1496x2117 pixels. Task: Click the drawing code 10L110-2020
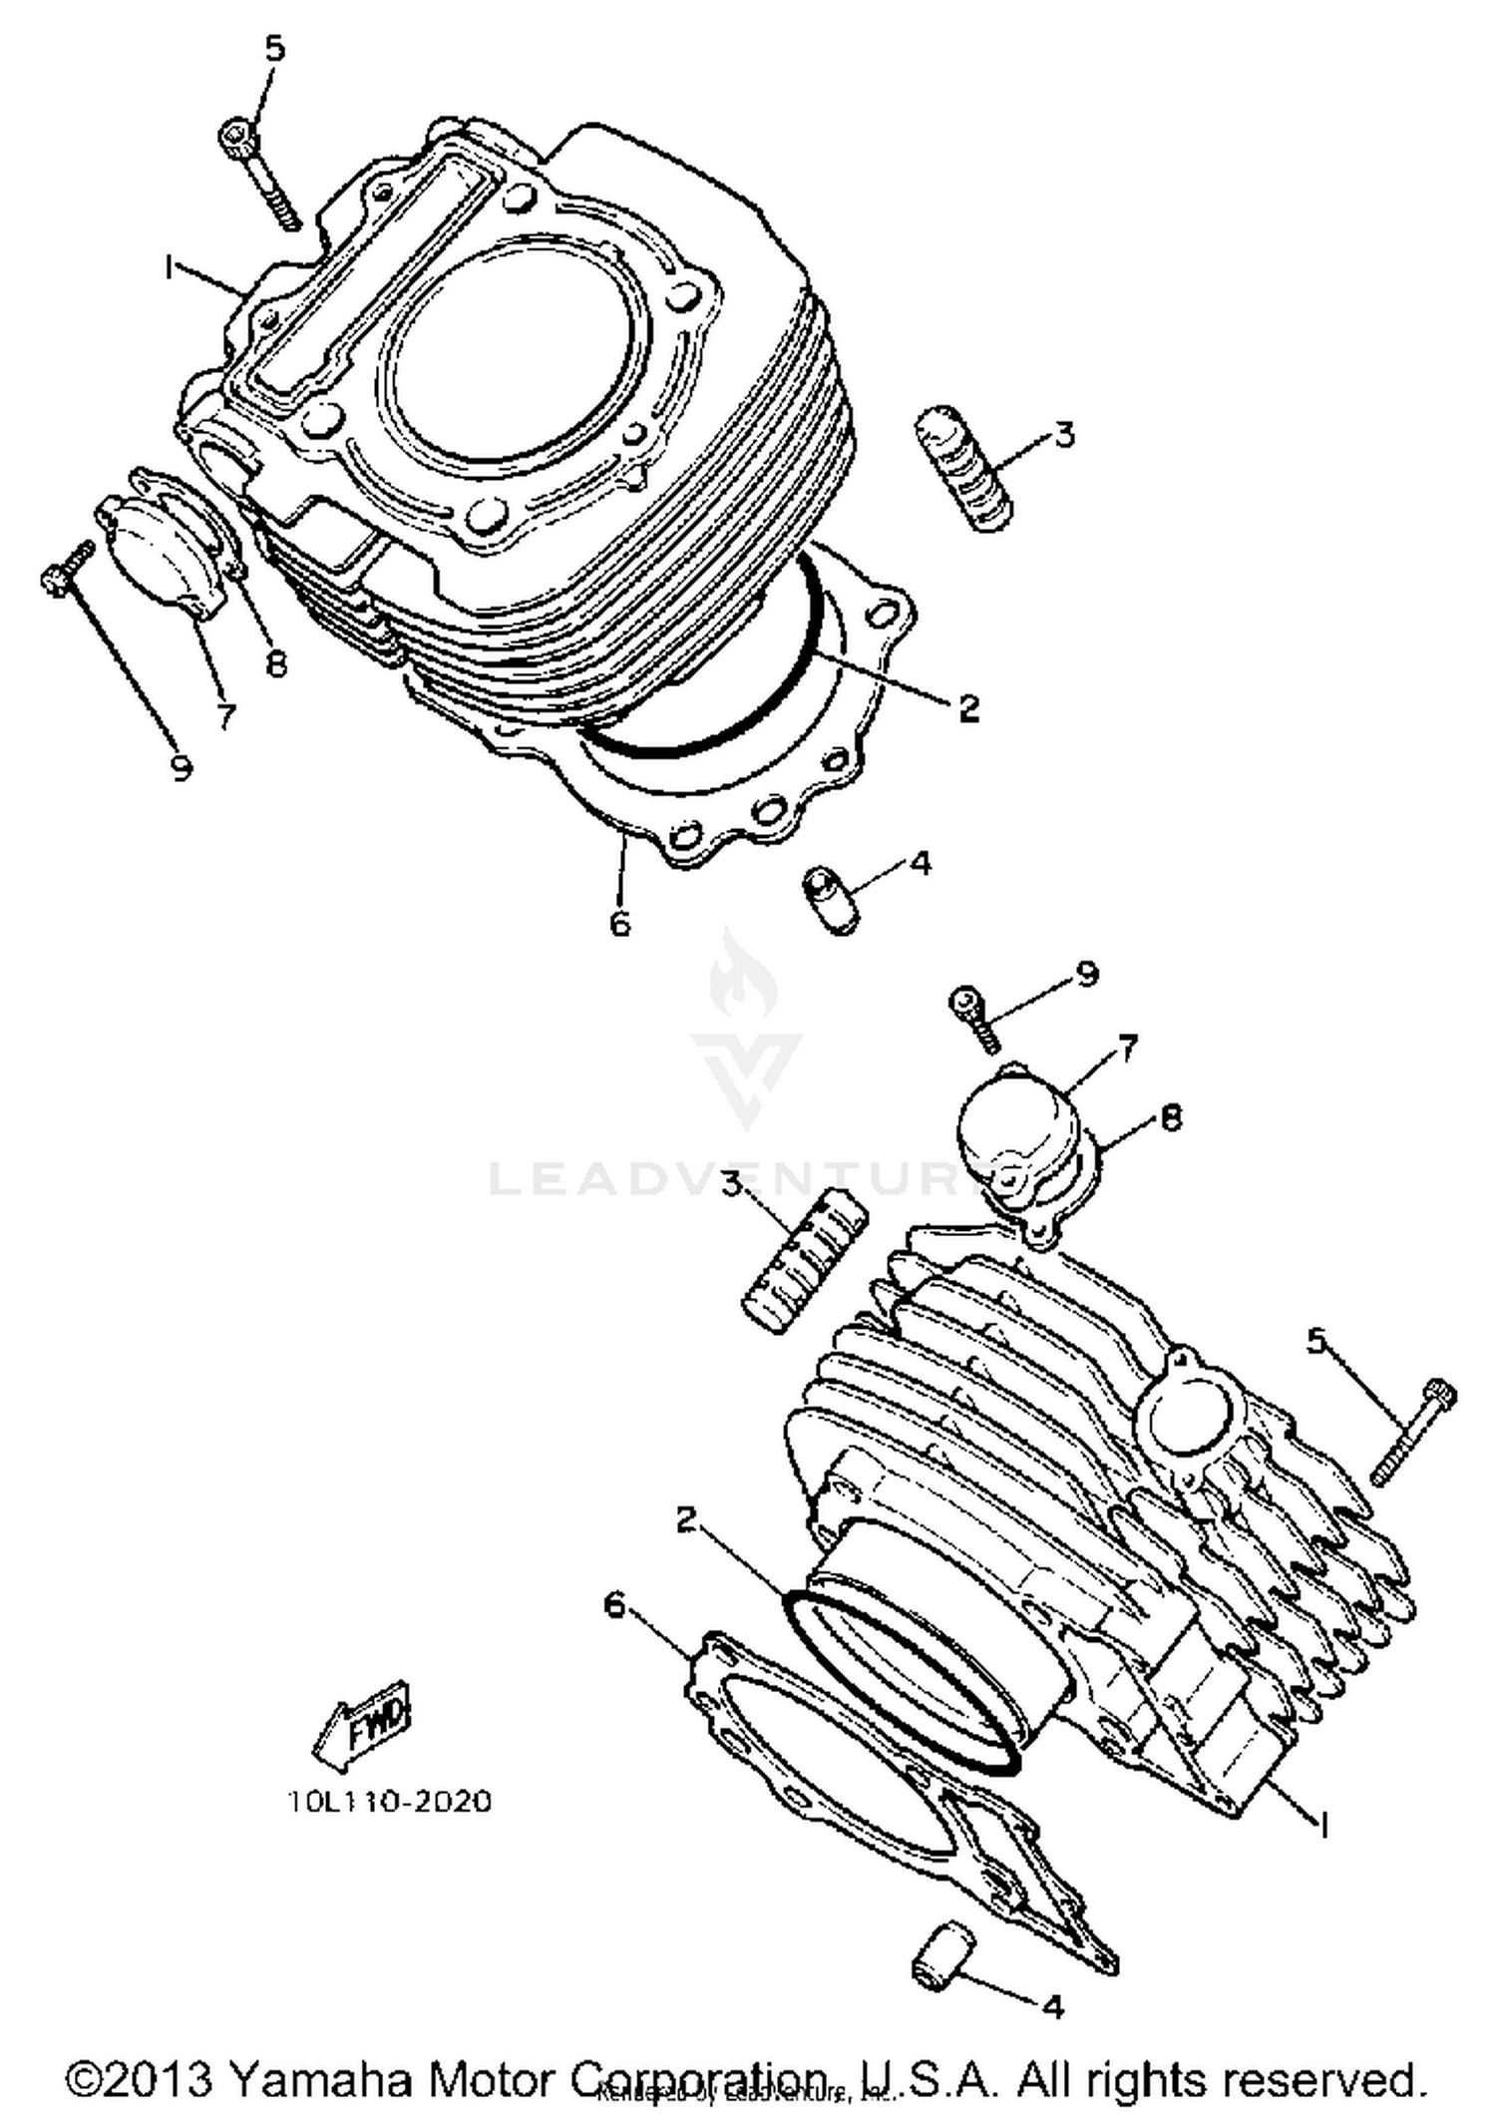(389, 1801)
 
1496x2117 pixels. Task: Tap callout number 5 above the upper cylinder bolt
(274, 48)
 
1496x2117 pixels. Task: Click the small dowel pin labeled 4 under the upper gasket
(830, 901)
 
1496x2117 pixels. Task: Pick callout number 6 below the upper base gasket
(619, 923)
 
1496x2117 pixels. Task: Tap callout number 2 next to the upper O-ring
(968, 708)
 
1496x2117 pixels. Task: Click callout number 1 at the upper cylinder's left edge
(171, 266)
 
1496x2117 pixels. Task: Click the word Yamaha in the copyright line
(320, 2080)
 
